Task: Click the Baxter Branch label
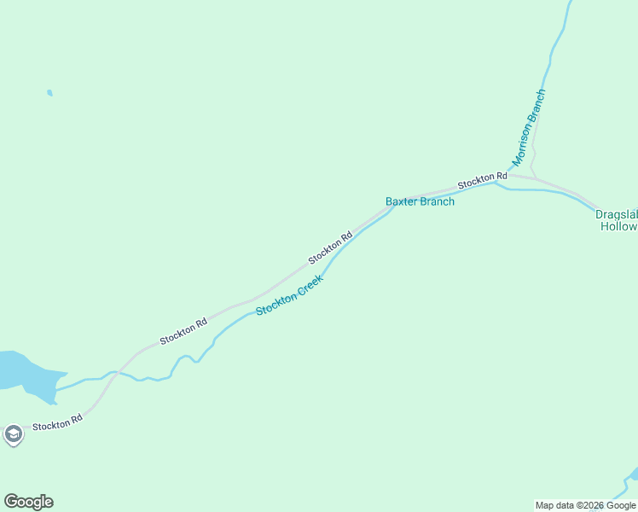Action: pos(420,202)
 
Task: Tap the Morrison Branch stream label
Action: pos(528,127)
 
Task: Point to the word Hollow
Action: pos(618,227)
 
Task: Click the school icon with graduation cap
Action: pos(13,435)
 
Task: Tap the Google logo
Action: pos(28,502)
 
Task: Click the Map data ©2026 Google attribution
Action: pos(585,505)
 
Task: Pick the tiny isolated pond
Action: pos(49,92)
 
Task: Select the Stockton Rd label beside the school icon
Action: pos(57,422)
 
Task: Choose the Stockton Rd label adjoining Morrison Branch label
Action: pos(482,180)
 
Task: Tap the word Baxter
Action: pos(401,202)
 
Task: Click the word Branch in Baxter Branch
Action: pos(437,202)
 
